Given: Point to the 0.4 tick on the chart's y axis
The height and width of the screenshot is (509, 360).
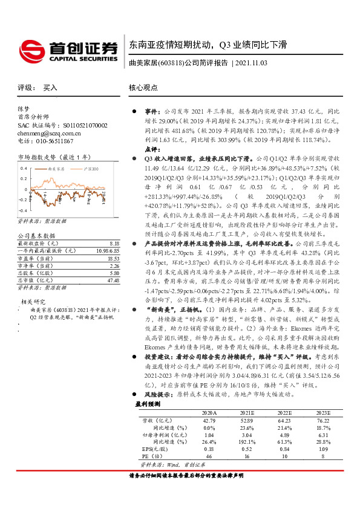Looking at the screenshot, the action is point(22,169).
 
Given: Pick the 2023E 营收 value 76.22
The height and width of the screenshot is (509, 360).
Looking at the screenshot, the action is point(324,436).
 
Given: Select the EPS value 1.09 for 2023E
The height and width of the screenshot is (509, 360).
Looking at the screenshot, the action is point(325,465).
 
